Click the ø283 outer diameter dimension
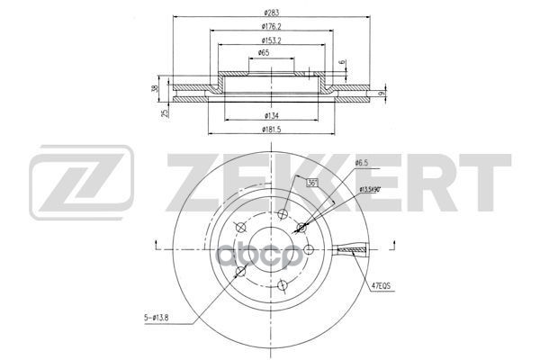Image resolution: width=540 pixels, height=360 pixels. [x=268, y=12]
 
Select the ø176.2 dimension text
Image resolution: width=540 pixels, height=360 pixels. [x=268, y=26]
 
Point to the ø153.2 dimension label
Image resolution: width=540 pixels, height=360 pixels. [x=268, y=40]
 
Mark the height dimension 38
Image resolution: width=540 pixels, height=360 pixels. [x=156, y=87]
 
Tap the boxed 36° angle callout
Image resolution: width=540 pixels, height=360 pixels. [x=312, y=184]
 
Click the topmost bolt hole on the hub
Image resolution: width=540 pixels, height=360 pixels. [x=283, y=213]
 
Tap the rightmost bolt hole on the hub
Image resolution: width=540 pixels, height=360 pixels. [x=308, y=249]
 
